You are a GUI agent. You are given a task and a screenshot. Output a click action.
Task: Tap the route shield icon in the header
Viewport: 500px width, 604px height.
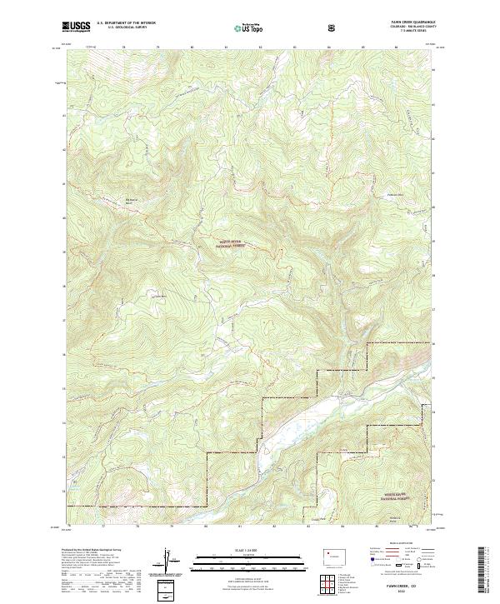tap(332, 27)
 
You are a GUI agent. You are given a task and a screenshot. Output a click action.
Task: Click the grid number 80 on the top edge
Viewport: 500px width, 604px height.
tap(192, 47)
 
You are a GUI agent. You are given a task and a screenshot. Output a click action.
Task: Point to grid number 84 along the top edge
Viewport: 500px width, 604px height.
tap(329, 47)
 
